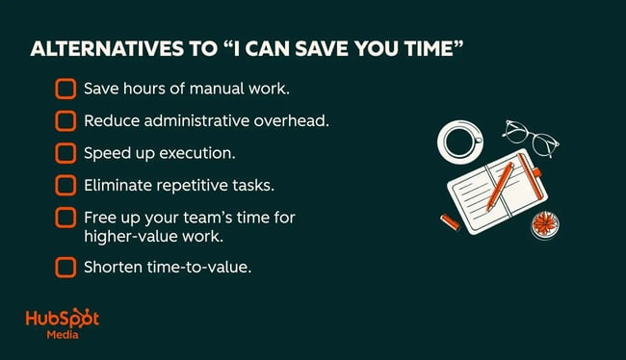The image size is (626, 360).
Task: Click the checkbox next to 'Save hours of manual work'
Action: point(65,89)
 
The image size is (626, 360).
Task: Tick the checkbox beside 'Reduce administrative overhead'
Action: point(65,120)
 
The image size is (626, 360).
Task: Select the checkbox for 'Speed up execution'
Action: point(65,152)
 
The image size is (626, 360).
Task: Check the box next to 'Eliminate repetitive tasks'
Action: point(65,184)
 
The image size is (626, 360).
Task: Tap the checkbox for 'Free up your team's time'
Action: point(65,218)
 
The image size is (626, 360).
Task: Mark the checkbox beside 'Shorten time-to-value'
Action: point(65,267)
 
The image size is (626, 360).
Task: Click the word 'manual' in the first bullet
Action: point(206,89)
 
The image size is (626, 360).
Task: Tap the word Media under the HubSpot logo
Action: point(64,338)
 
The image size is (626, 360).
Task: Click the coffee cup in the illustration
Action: point(461,141)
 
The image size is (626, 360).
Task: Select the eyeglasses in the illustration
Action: point(529,139)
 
